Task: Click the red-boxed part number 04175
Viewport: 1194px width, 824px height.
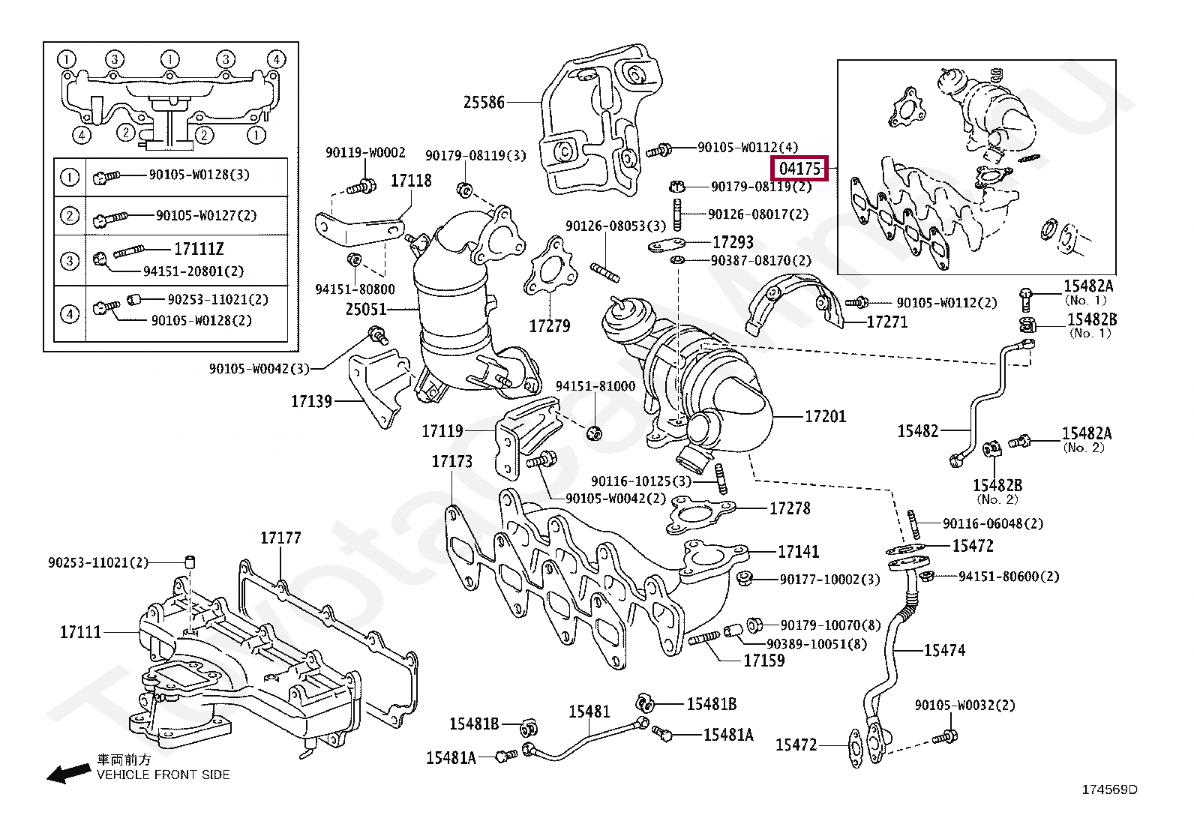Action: [x=800, y=169]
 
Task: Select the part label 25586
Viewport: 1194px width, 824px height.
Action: [x=484, y=102]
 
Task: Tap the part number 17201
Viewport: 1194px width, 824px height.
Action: [x=825, y=416]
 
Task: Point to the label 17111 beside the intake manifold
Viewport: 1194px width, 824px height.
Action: [x=80, y=632]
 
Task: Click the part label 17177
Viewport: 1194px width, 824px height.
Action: [x=280, y=538]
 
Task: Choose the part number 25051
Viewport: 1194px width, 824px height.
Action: [x=366, y=309]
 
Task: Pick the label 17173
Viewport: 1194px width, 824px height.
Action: [x=452, y=461]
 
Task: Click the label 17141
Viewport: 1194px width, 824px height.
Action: [x=798, y=552]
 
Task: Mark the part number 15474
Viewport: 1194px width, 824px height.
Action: [x=944, y=650]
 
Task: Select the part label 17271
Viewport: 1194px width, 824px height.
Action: [x=887, y=322]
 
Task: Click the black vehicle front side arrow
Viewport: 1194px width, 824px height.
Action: [x=69, y=773]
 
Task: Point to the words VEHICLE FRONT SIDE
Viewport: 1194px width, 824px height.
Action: [x=163, y=775]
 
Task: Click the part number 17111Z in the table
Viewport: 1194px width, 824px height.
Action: [x=199, y=249]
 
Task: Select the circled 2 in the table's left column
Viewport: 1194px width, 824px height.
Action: [x=69, y=216]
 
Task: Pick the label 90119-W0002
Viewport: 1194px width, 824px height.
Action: [x=365, y=153]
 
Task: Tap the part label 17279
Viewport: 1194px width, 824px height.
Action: [x=550, y=325]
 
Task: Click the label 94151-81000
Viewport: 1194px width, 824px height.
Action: [x=595, y=386]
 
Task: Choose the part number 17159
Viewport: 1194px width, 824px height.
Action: [x=763, y=661]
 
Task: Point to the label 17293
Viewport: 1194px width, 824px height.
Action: [x=733, y=242]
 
